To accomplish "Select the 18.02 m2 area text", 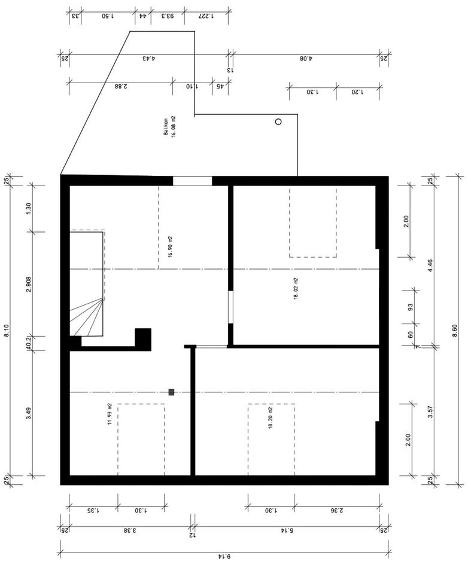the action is tap(296, 289).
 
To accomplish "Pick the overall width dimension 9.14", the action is tap(224, 557).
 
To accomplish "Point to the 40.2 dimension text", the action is tap(28, 343).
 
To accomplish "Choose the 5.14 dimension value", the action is tap(287, 530).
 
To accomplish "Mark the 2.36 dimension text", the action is tap(337, 510).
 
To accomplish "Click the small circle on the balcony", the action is tap(278, 121).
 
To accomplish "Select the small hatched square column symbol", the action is tap(171, 392).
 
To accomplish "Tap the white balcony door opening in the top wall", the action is tap(192, 181).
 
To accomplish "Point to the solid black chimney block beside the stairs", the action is tap(143, 339).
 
